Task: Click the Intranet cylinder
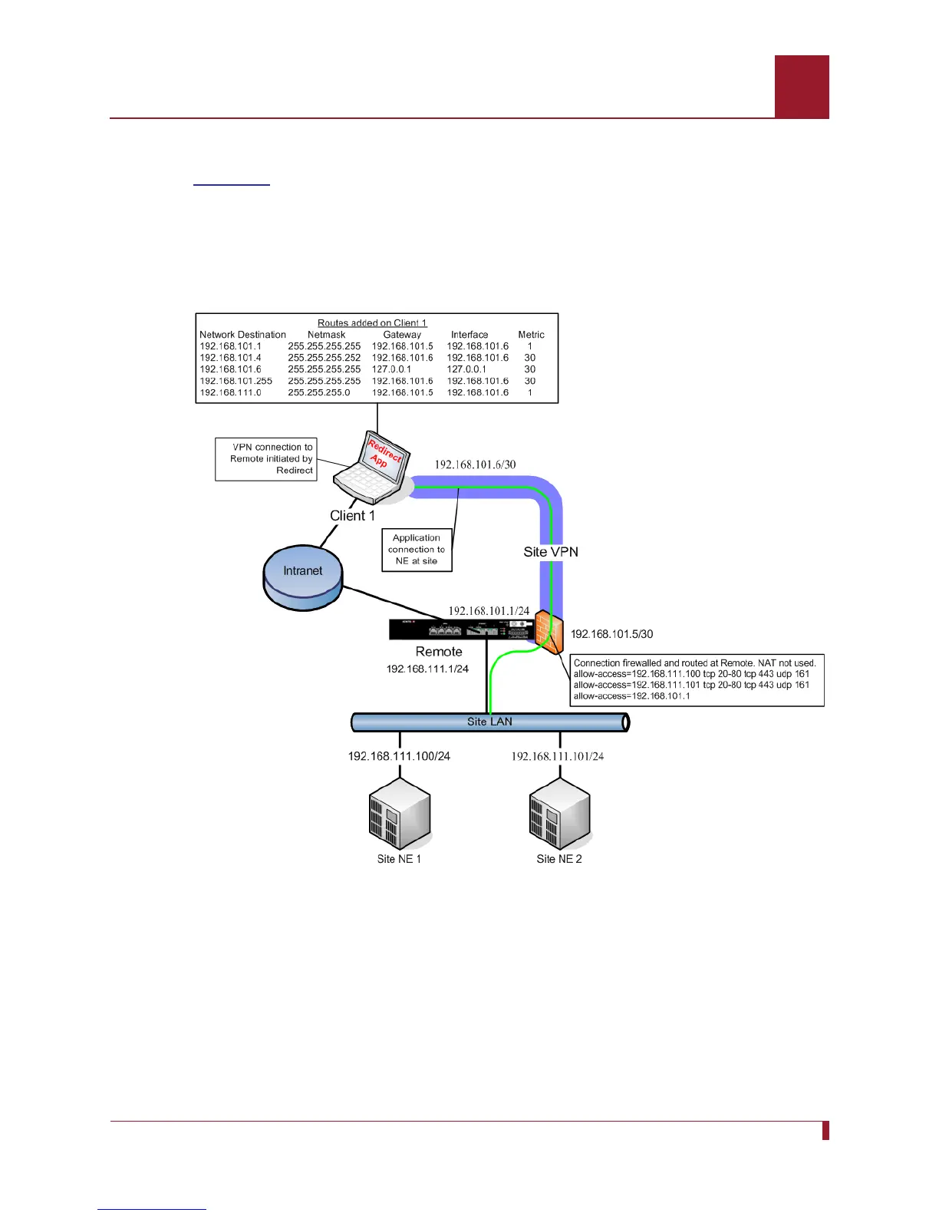(303, 577)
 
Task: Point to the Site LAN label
(489, 722)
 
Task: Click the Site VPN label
(551, 552)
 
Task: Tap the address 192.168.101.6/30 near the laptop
(475, 464)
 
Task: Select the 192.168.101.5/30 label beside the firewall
(611, 634)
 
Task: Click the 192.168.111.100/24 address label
(399, 756)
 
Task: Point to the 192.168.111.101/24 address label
(558, 756)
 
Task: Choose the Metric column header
(531, 335)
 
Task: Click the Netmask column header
(326, 335)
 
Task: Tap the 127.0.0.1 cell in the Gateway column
(391, 369)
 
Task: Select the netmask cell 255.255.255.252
(324, 358)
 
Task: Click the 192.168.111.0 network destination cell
(230, 392)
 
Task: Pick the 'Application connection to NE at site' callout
(417, 550)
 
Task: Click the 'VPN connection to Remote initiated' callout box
(265, 459)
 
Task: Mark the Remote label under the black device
(439, 652)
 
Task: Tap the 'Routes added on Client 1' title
(372, 323)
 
